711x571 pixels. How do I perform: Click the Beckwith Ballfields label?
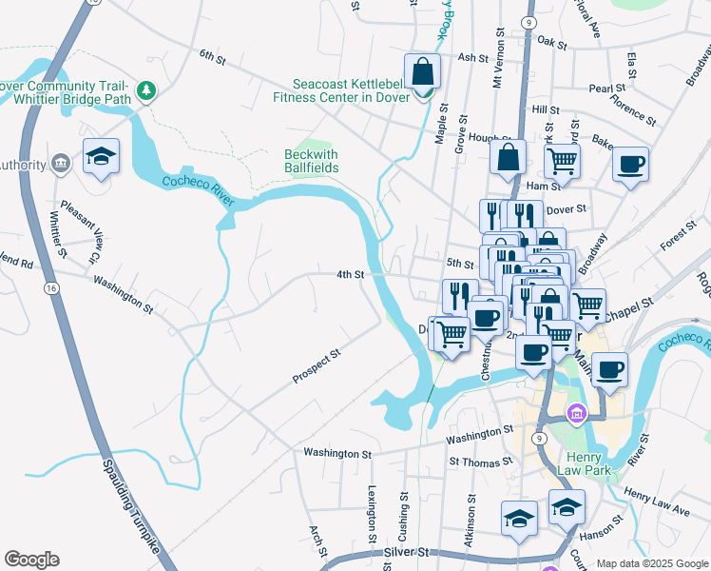311,161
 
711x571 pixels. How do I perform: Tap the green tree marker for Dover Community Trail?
146,91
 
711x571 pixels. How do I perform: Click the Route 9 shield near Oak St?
528,20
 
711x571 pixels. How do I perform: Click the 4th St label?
350,275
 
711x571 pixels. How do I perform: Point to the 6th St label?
212,59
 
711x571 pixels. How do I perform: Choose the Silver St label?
409,552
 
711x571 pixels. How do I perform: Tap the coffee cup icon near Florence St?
630,164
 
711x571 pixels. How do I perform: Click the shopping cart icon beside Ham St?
562,162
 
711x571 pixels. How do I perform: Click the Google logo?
31,560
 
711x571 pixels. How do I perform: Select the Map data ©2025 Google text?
651,563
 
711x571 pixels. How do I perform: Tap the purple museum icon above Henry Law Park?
575,413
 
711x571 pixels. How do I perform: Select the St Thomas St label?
481,462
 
